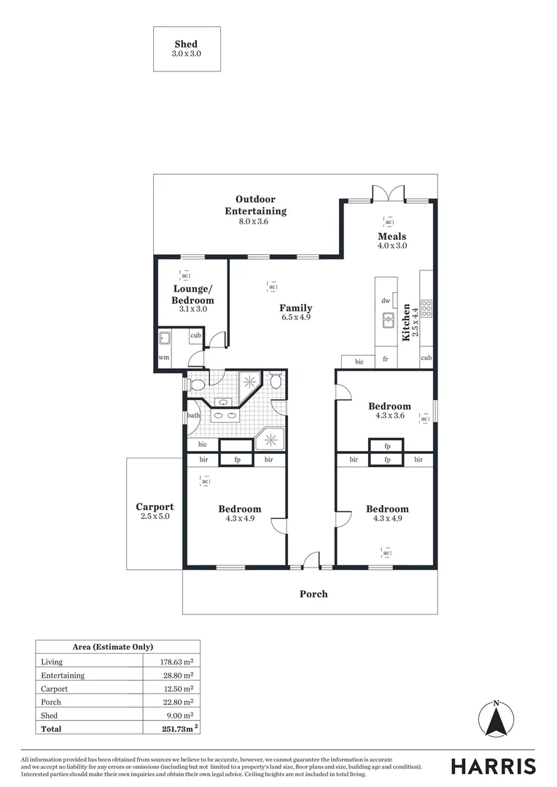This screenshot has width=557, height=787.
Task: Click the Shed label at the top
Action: point(186,44)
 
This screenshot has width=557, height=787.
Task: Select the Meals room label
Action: point(392,236)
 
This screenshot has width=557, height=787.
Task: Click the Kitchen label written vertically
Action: point(407,324)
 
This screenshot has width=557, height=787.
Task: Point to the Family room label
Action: point(296,308)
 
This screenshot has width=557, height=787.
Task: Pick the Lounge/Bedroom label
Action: point(192,295)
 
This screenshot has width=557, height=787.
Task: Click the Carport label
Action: point(155,507)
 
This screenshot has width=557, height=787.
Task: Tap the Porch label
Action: point(313,594)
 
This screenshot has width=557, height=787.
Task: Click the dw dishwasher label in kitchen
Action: point(386,301)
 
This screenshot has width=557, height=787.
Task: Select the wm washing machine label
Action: point(165,358)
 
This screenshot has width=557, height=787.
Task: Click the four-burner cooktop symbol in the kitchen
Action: point(426,307)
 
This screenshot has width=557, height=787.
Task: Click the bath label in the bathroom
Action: point(193,416)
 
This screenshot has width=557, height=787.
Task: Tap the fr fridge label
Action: point(386,359)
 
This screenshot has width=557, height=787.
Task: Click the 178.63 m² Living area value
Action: point(176,662)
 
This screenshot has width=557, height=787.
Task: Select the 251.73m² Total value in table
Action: point(177,729)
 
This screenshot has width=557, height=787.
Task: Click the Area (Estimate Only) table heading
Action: point(112,647)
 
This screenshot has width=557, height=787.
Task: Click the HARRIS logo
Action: point(493,766)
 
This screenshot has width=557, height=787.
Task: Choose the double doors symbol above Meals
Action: point(388,193)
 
